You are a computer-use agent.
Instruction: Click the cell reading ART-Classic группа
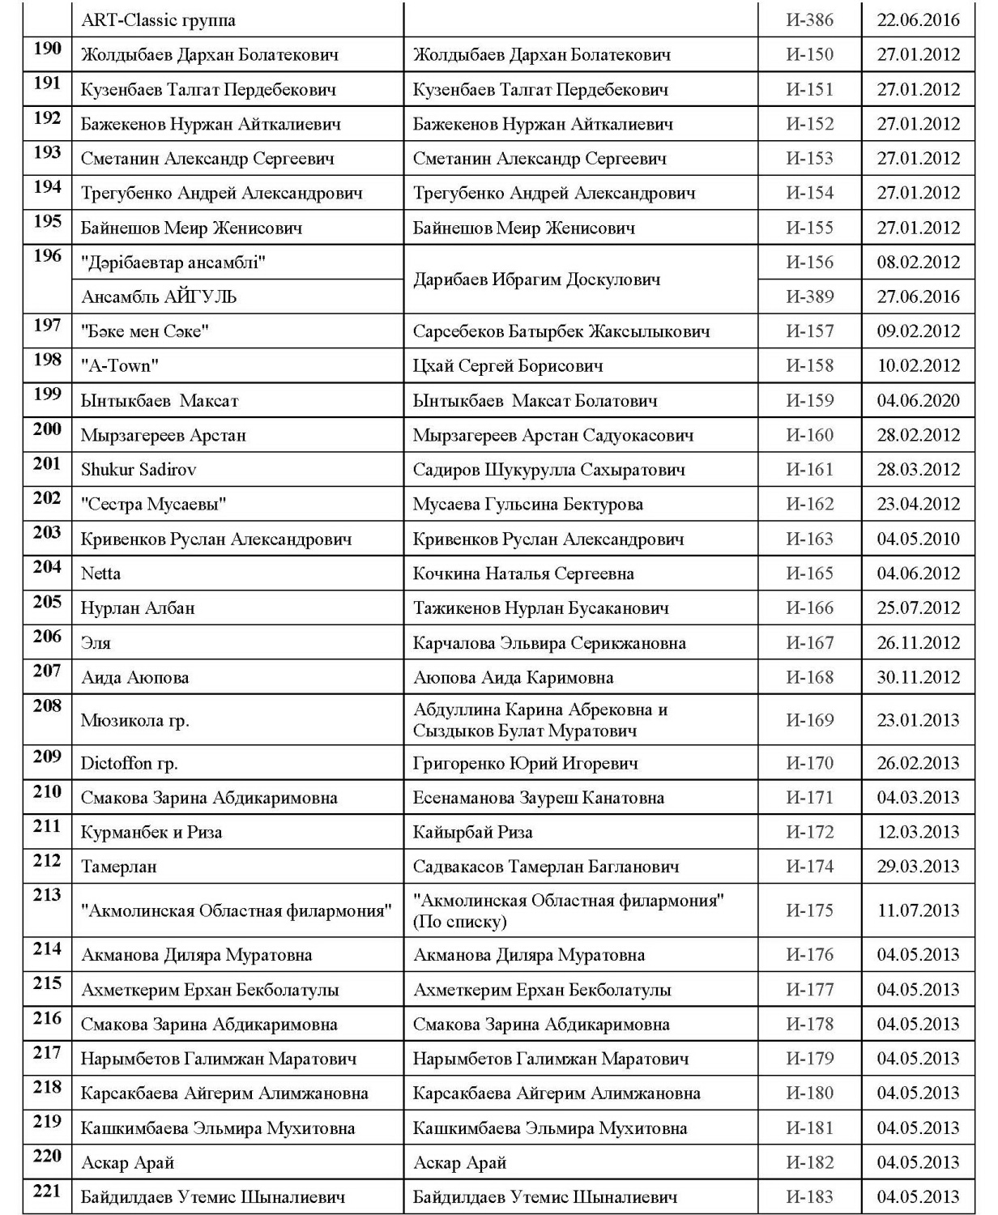pos(158,20)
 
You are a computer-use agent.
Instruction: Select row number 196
pos(47,256)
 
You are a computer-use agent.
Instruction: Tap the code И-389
pos(809,296)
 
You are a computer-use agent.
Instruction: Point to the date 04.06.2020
pos(918,400)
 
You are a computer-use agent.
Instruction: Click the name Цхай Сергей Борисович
pos(508,365)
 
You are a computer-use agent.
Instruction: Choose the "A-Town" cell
pos(120,365)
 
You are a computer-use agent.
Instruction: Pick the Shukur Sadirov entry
pos(139,469)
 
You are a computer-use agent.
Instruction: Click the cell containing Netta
pos(101,573)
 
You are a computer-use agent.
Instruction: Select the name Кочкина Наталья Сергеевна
pos(523,573)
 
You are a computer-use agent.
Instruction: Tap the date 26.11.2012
pos(918,643)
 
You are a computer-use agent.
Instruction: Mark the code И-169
pos(809,719)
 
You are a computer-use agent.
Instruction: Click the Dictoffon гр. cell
pos(130,763)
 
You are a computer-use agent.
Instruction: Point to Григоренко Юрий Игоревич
pos(526,763)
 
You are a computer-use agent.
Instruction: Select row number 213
pos(47,895)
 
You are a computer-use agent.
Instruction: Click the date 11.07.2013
pos(918,910)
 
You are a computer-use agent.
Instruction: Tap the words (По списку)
pos(459,922)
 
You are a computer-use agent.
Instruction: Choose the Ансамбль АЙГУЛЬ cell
pos(159,296)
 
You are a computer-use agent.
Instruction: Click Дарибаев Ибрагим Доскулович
pos(537,279)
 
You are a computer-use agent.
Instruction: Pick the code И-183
pos(809,1196)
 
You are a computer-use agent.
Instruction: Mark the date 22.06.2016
pos(918,20)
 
